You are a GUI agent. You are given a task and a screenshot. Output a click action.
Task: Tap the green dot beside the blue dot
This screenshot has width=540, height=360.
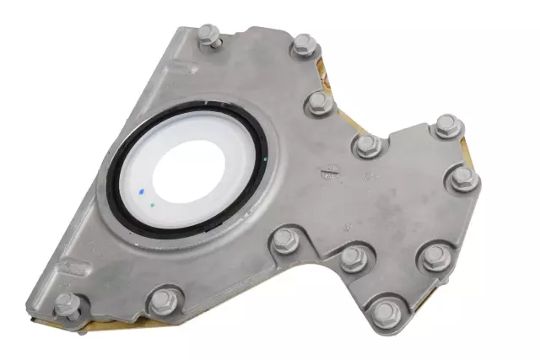tap(151, 203)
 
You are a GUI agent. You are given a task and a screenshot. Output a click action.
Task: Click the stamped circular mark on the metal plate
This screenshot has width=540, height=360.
tap(327, 175)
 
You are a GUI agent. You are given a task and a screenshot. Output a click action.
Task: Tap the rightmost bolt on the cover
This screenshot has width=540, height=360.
tap(462, 179)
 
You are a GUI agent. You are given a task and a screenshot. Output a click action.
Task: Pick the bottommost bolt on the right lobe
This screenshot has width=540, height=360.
tap(385, 312)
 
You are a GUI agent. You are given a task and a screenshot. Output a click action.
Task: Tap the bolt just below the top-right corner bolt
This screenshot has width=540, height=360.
tap(319, 103)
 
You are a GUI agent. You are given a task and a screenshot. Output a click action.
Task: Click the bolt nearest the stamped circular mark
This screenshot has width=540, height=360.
tap(366, 145)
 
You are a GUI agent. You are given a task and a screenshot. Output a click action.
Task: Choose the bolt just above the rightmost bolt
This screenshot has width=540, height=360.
tap(446, 127)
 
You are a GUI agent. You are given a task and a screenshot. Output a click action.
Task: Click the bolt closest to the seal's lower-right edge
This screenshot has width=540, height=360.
tap(283, 244)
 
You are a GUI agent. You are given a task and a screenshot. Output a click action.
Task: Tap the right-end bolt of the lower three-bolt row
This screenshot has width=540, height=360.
tap(435, 256)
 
